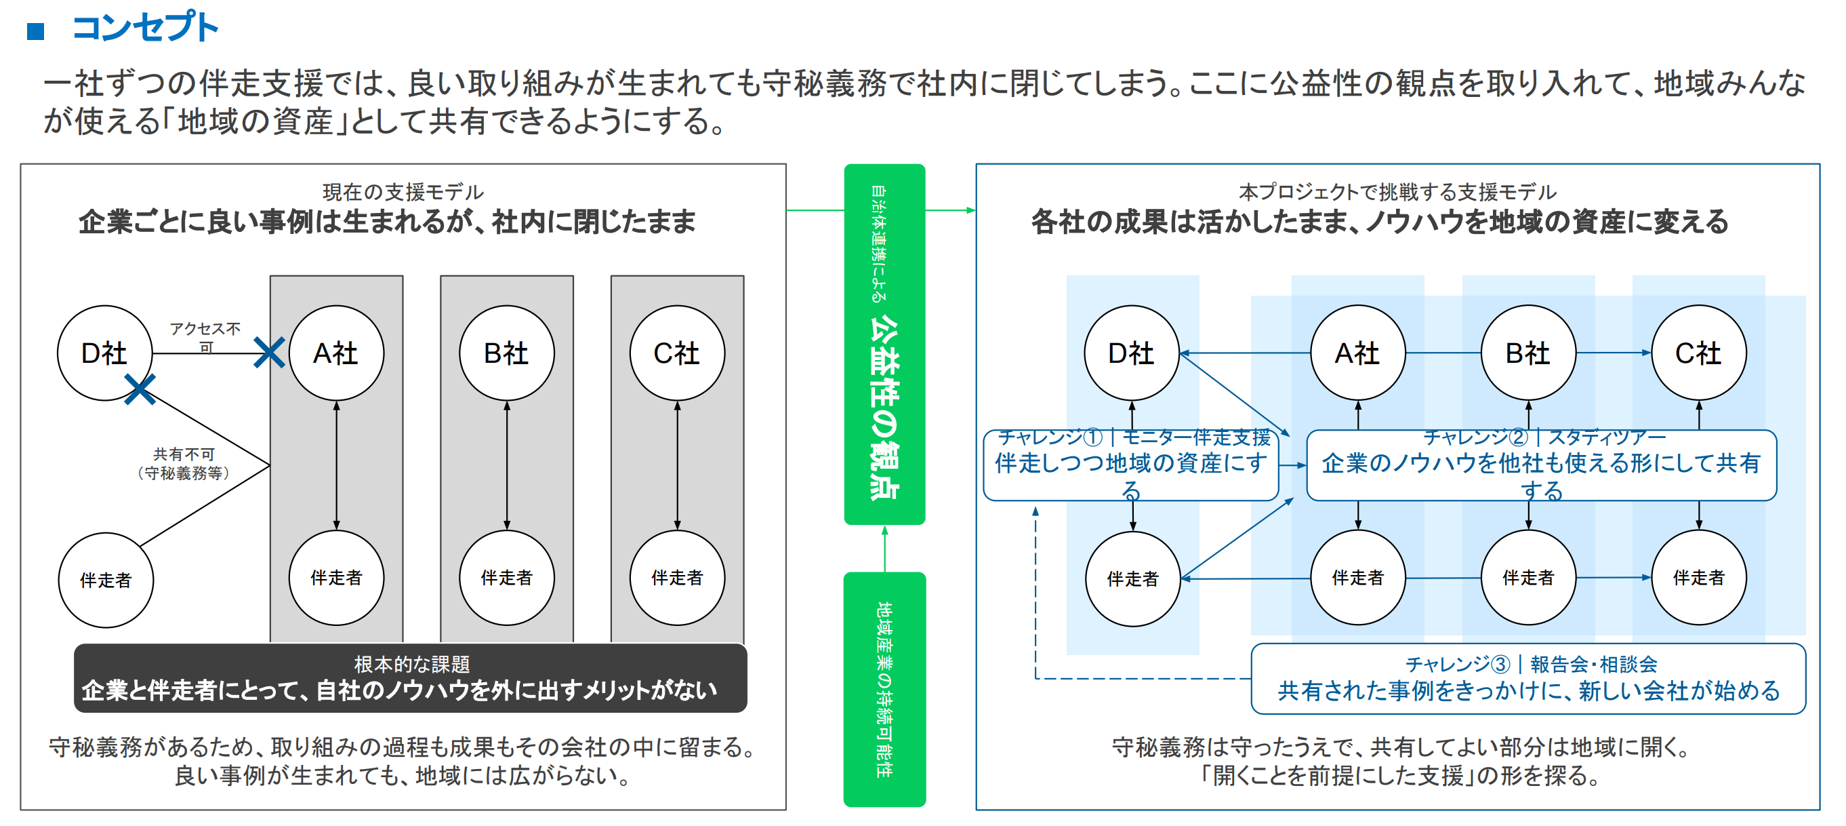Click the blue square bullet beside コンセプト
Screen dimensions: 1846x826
(x=36, y=31)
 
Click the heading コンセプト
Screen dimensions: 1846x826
(x=145, y=27)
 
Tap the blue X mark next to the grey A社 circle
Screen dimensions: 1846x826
(x=270, y=353)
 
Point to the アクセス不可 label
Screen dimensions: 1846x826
(x=205, y=337)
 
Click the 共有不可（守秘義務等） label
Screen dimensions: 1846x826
(x=184, y=464)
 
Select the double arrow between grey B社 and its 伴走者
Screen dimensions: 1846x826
(x=507, y=465)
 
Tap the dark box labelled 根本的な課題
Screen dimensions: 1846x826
(x=411, y=677)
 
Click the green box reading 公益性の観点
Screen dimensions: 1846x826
(x=884, y=345)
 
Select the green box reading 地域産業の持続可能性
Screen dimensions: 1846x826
(x=884, y=689)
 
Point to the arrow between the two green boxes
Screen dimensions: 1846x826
(x=884, y=549)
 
